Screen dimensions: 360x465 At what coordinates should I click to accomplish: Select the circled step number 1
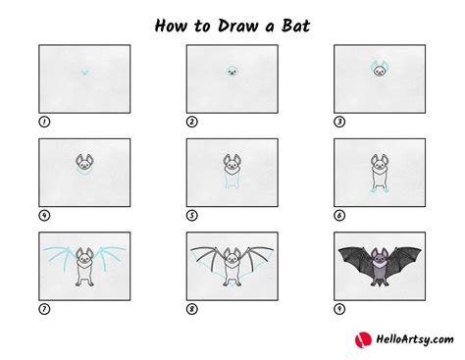pyautogui.click(x=44, y=122)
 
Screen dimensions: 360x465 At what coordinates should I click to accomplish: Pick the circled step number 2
pyautogui.click(x=192, y=122)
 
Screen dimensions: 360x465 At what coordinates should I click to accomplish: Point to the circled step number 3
pyautogui.click(x=339, y=122)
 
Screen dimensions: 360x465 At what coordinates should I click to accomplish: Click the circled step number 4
pyautogui.click(x=44, y=215)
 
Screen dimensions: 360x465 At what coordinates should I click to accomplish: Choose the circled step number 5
pyautogui.click(x=192, y=215)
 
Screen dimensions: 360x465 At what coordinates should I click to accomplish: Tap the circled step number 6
pyautogui.click(x=339, y=215)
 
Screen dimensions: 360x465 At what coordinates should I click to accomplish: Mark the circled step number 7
pyautogui.click(x=44, y=308)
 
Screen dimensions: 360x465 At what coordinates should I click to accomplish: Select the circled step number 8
pyautogui.click(x=192, y=308)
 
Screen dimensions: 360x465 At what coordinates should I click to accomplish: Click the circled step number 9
pyautogui.click(x=339, y=308)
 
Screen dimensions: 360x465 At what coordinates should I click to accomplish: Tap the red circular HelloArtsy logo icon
pyautogui.click(x=361, y=338)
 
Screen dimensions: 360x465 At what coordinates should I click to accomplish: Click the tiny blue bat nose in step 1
pyautogui.click(x=84, y=72)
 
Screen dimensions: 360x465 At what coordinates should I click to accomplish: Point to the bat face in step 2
pyautogui.click(x=232, y=72)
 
